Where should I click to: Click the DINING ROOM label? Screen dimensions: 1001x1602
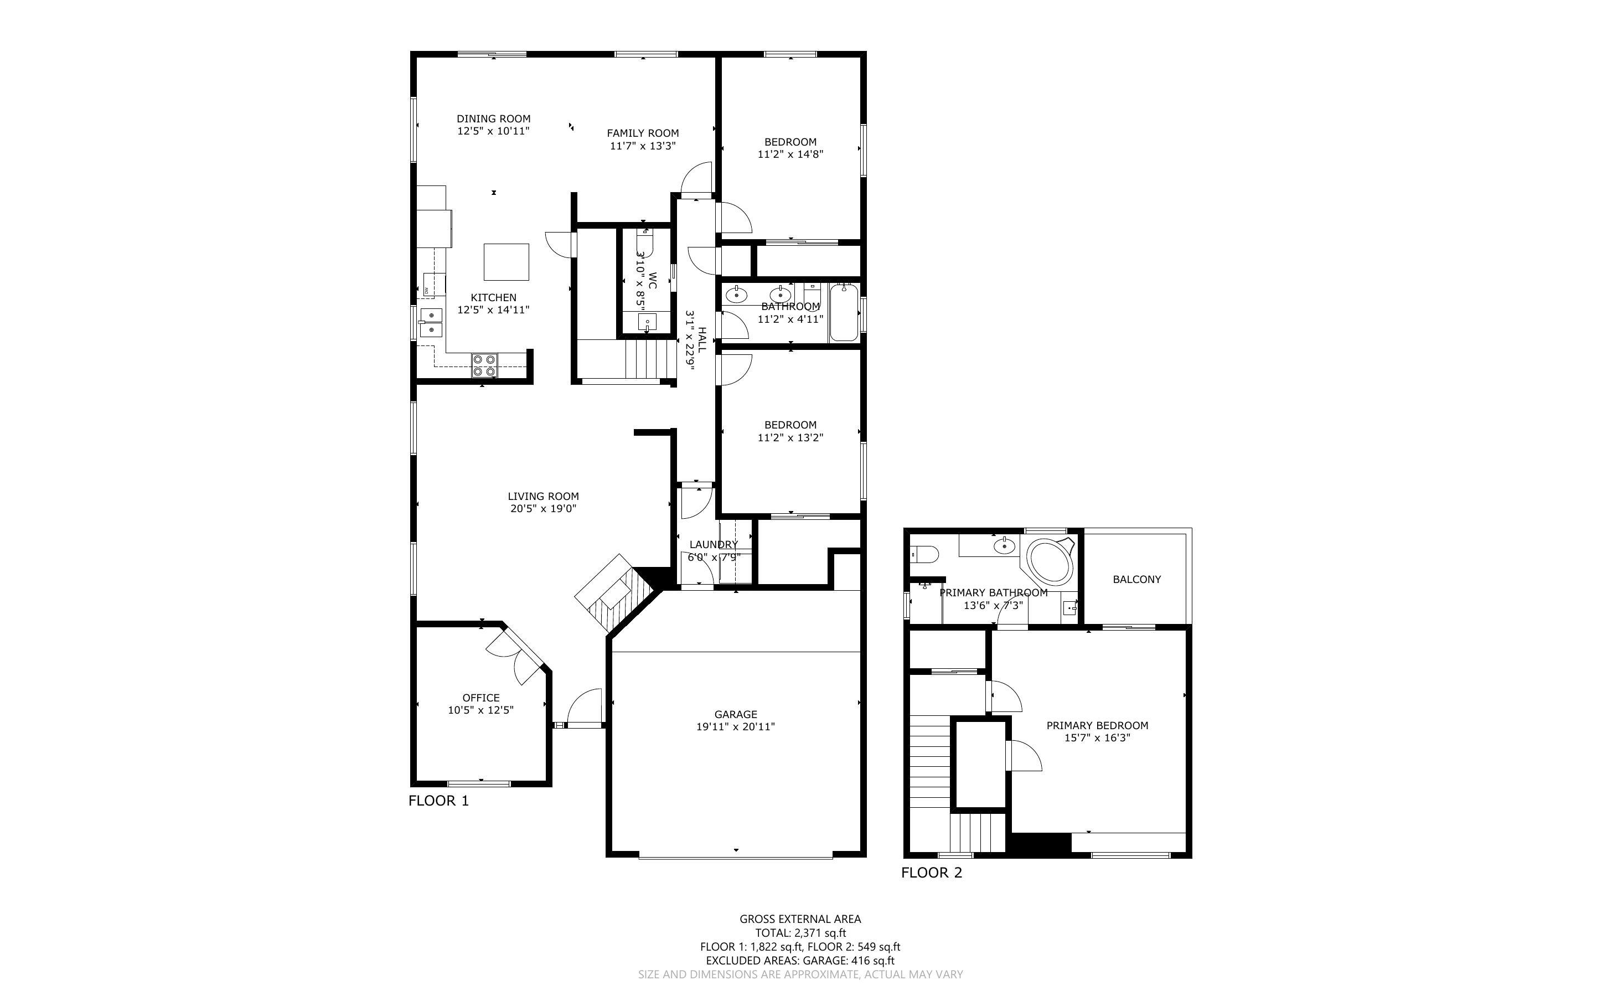point(493,119)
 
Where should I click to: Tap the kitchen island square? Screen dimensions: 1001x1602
point(506,262)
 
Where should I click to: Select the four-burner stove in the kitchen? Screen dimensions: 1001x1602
point(484,365)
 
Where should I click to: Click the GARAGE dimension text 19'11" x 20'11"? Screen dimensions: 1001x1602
point(735,726)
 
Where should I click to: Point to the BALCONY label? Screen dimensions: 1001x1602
point(1136,579)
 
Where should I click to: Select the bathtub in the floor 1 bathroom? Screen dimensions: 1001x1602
point(844,312)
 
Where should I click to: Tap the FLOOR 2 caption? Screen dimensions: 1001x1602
point(931,873)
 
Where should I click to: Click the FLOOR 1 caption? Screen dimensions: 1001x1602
point(438,801)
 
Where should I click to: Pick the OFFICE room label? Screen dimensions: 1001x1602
point(480,698)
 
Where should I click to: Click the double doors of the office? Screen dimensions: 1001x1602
point(514,656)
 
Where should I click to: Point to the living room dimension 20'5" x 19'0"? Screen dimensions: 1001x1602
point(543,508)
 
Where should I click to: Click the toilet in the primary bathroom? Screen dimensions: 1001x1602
point(922,554)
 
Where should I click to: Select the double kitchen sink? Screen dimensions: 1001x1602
point(431,322)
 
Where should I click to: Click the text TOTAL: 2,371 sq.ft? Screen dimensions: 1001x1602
point(800,933)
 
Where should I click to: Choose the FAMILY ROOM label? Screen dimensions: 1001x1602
point(643,133)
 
